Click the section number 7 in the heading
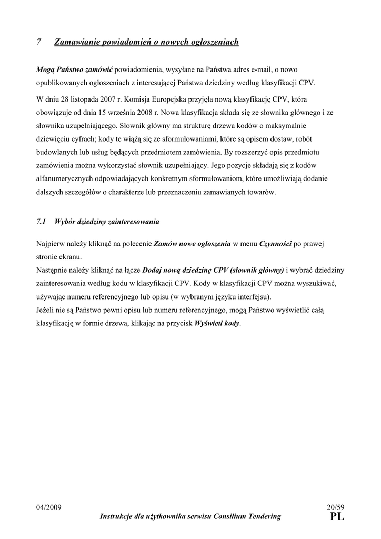pyautogui.click(x=39, y=42)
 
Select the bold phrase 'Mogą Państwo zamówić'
pyautogui.click(x=74, y=69)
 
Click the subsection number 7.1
pyautogui.click(x=42, y=222)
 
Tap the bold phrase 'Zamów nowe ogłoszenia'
pyautogui.click(x=192, y=244)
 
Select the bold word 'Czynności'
pyautogui.click(x=275, y=244)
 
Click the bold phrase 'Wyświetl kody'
pyautogui.click(x=217, y=323)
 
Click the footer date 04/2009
pyautogui.click(x=49, y=507)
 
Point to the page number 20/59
pyautogui.click(x=335, y=507)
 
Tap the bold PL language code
pyautogui.click(x=337, y=517)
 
